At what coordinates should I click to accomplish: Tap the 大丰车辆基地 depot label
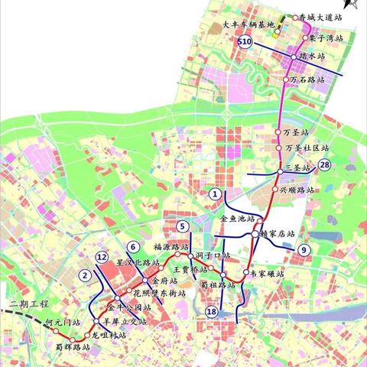pos(248,24)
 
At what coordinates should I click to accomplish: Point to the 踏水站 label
pos(312,57)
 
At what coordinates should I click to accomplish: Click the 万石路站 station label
pos(309,79)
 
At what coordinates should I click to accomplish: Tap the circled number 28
pos(325,165)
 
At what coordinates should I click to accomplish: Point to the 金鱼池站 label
pos(226,219)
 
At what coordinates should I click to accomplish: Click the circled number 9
pos(304,249)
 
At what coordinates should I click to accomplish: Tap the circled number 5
pos(182,226)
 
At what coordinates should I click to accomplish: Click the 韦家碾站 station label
pos(267,273)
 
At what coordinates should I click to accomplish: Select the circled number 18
pos(213,311)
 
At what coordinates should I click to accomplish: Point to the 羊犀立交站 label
pos(125,322)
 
